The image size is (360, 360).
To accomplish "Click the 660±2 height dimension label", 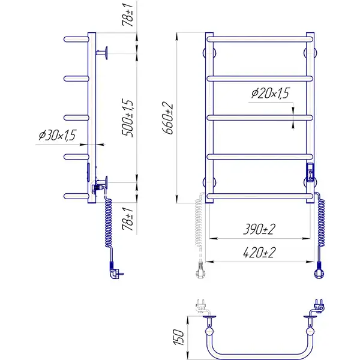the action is pos(167,118).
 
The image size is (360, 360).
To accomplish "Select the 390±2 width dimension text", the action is pos(259,229).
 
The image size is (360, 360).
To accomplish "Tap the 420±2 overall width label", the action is pos(259,253).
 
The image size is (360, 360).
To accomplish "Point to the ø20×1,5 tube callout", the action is pos(270,93).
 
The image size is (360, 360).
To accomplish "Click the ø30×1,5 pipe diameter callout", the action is pos(57,135).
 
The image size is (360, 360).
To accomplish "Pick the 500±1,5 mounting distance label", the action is pos(127,118).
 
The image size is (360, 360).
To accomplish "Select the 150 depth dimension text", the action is pos(178,337).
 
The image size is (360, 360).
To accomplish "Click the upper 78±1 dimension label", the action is pos(127,14).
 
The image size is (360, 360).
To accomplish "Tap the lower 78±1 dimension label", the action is pos(127,219).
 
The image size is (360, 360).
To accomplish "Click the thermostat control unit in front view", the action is pos(310,172).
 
